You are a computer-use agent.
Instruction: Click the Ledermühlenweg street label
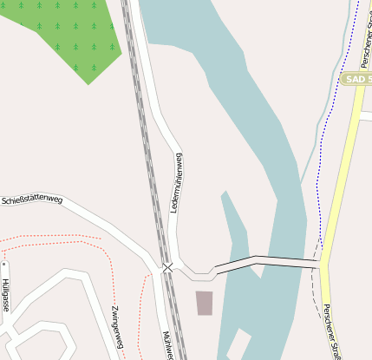[x=177, y=183]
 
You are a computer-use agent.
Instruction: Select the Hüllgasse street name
[x=5, y=296]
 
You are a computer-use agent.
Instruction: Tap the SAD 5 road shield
[x=357, y=79]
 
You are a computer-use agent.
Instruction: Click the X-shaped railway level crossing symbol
[x=167, y=267]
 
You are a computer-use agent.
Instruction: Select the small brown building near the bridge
[x=204, y=303]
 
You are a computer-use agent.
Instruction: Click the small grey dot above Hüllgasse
[x=3, y=264]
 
